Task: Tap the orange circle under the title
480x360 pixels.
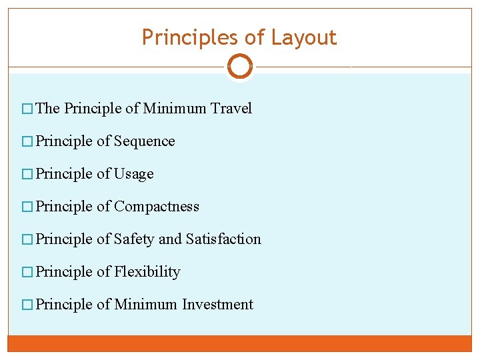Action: [x=240, y=67]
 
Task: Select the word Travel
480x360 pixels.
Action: [x=231, y=109]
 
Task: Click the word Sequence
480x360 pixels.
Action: [x=144, y=141]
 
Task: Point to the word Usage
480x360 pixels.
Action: [x=133, y=174]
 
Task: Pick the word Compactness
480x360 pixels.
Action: [x=156, y=207]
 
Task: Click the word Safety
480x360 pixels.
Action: [x=133, y=239]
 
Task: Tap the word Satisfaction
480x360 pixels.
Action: [x=223, y=239]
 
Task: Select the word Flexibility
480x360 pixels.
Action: [x=147, y=272]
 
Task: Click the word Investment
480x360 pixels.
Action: [x=217, y=305]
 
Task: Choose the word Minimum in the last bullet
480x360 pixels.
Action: [x=146, y=305]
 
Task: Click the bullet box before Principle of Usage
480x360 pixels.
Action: [x=27, y=175]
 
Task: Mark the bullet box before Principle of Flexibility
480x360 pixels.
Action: [x=27, y=273]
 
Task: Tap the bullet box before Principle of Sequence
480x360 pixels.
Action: [x=27, y=142]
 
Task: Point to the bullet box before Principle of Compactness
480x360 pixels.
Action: [x=27, y=207]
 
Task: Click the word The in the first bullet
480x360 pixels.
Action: [x=48, y=109]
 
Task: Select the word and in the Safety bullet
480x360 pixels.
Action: [x=170, y=239]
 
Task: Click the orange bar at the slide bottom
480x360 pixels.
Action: [x=240, y=343]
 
